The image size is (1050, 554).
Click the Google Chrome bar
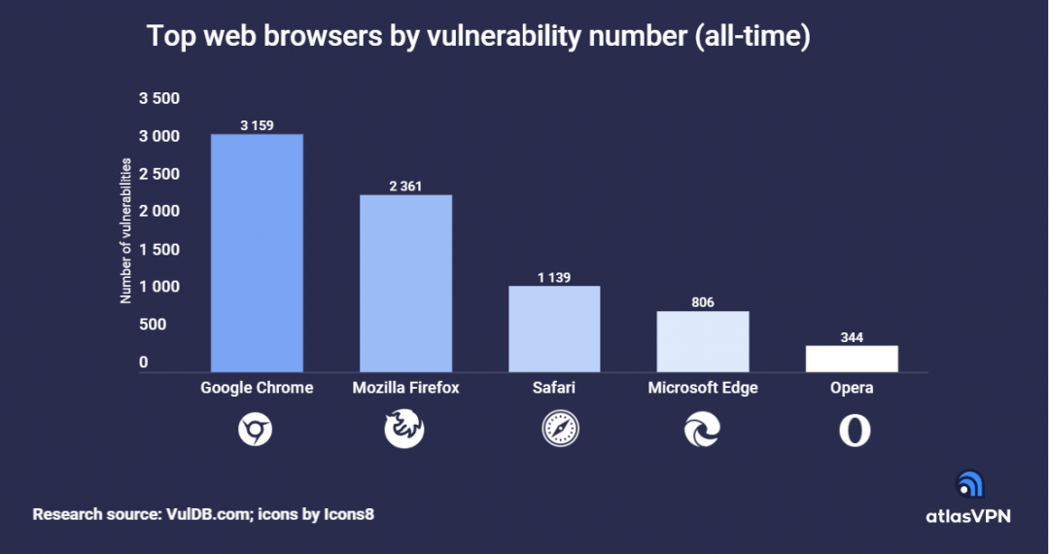(x=257, y=253)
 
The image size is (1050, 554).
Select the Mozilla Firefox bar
(x=405, y=283)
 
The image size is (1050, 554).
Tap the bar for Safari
(x=554, y=329)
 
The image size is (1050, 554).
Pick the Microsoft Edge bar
(x=703, y=341)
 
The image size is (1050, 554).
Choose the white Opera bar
(x=852, y=359)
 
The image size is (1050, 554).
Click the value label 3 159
(x=257, y=124)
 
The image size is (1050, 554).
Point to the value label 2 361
(x=405, y=186)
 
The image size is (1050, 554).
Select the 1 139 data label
(x=554, y=277)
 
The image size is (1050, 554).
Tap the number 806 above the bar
(x=703, y=302)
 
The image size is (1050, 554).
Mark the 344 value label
(x=852, y=337)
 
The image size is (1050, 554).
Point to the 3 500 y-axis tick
(x=159, y=98)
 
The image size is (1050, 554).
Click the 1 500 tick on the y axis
(x=159, y=249)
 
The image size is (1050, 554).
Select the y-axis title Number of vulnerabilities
(x=125, y=230)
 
